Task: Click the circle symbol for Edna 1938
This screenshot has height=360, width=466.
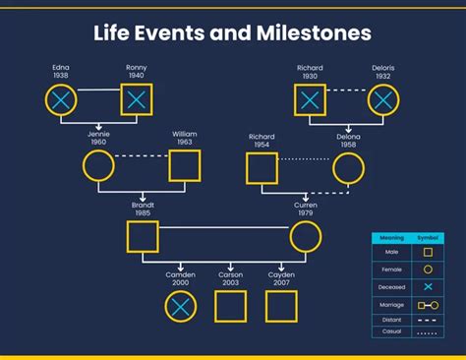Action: click(x=61, y=99)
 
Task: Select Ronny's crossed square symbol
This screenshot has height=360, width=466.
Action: click(x=137, y=99)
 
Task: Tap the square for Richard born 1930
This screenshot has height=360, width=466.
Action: click(x=311, y=99)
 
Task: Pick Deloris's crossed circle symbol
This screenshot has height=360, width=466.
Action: click(x=383, y=99)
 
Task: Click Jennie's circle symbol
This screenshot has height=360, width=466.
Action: click(x=98, y=166)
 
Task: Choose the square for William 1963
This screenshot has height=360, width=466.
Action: click(x=184, y=166)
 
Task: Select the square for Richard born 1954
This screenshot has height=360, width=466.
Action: click(x=261, y=167)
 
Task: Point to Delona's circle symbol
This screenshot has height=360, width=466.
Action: click(x=348, y=167)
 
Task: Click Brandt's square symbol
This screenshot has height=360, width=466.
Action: click(x=143, y=237)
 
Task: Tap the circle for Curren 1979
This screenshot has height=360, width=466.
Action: click(x=305, y=237)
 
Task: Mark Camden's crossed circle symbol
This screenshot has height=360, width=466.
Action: click(x=180, y=307)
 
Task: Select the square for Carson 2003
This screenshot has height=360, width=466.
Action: click(x=230, y=307)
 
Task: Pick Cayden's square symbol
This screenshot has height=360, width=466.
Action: click(x=281, y=307)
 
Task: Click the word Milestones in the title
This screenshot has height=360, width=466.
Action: click(x=312, y=32)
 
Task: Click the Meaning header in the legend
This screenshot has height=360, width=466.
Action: click(x=393, y=237)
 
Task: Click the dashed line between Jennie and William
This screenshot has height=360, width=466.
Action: click(x=141, y=156)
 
